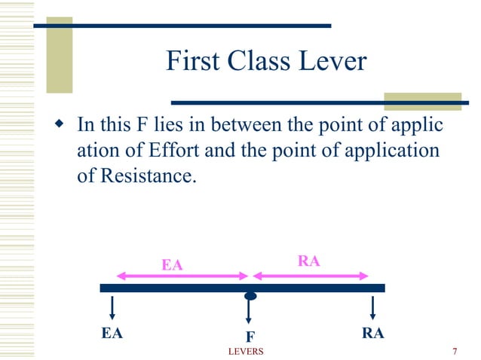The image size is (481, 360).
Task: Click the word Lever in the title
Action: [332, 61]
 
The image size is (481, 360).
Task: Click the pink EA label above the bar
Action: [173, 264]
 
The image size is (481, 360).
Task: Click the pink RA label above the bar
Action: [309, 261]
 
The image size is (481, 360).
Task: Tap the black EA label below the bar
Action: [112, 332]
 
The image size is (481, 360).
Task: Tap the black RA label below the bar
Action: [372, 332]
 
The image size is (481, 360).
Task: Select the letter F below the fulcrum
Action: [249, 337]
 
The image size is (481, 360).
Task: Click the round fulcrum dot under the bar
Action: [250, 296]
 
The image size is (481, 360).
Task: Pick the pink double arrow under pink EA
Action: [182, 276]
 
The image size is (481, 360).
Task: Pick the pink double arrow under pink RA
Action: [310, 276]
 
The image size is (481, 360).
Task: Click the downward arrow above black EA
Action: [112, 307]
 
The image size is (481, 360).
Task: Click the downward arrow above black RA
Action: [372, 307]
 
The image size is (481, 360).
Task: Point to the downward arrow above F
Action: [248, 313]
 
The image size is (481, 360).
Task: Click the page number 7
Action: [455, 352]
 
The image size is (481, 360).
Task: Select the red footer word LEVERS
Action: [246, 352]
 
